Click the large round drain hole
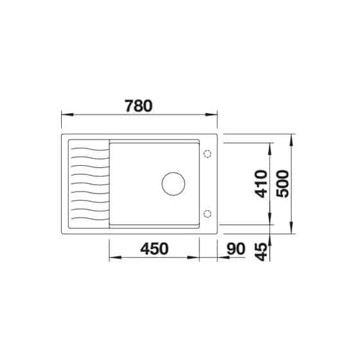tap(172, 184)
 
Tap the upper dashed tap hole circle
tap(207, 154)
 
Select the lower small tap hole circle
tap(207, 213)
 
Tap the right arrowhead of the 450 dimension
tap(215, 258)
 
